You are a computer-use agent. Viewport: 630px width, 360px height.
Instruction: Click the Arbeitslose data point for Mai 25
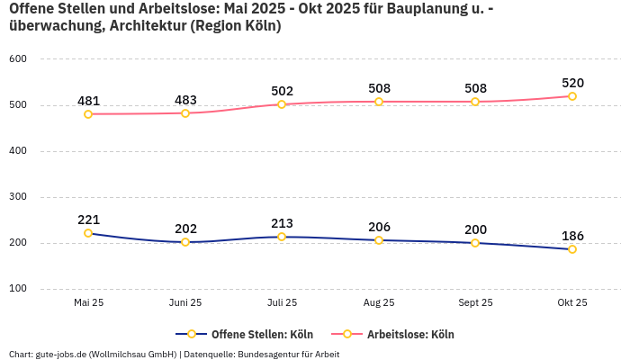pyautogui.click(x=88, y=114)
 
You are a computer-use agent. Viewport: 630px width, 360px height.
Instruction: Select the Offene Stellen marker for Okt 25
pyautogui.click(x=572, y=249)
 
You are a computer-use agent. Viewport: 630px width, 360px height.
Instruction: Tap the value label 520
pyautogui.click(x=572, y=83)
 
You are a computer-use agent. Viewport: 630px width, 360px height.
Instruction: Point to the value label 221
pyautogui.click(x=88, y=220)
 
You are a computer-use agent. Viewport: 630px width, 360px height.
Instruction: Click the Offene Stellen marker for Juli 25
pyautogui.click(x=282, y=237)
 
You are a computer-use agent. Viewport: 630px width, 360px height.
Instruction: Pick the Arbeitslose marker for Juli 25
pyautogui.click(x=282, y=104)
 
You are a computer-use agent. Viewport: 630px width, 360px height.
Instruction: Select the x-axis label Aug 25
pyautogui.click(x=379, y=302)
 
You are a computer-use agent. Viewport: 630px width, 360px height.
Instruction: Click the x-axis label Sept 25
pyautogui.click(x=475, y=302)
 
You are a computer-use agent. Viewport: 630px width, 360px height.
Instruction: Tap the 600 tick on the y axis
pyautogui.click(x=18, y=59)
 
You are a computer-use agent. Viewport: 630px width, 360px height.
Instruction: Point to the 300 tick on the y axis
pyautogui.click(x=18, y=197)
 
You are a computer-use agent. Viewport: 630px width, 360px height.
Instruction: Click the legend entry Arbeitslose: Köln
pyautogui.click(x=409, y=334)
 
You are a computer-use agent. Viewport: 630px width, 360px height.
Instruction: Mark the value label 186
pyautogui.click(x=572, y=236)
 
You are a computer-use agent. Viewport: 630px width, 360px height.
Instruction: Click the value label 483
pyautogui.click(x=185, y=100)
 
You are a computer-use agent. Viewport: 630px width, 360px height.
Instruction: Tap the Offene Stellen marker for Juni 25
pyautogui.click(x=185, y=242)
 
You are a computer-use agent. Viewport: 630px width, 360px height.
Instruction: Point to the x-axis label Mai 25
pyautogui.click(x=88, y=302)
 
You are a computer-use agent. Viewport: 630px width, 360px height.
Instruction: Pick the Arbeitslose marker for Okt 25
pyautogui.click(x=572, y=96)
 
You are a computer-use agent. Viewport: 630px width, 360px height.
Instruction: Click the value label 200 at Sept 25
pyautogui.click(x=475, y=229)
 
